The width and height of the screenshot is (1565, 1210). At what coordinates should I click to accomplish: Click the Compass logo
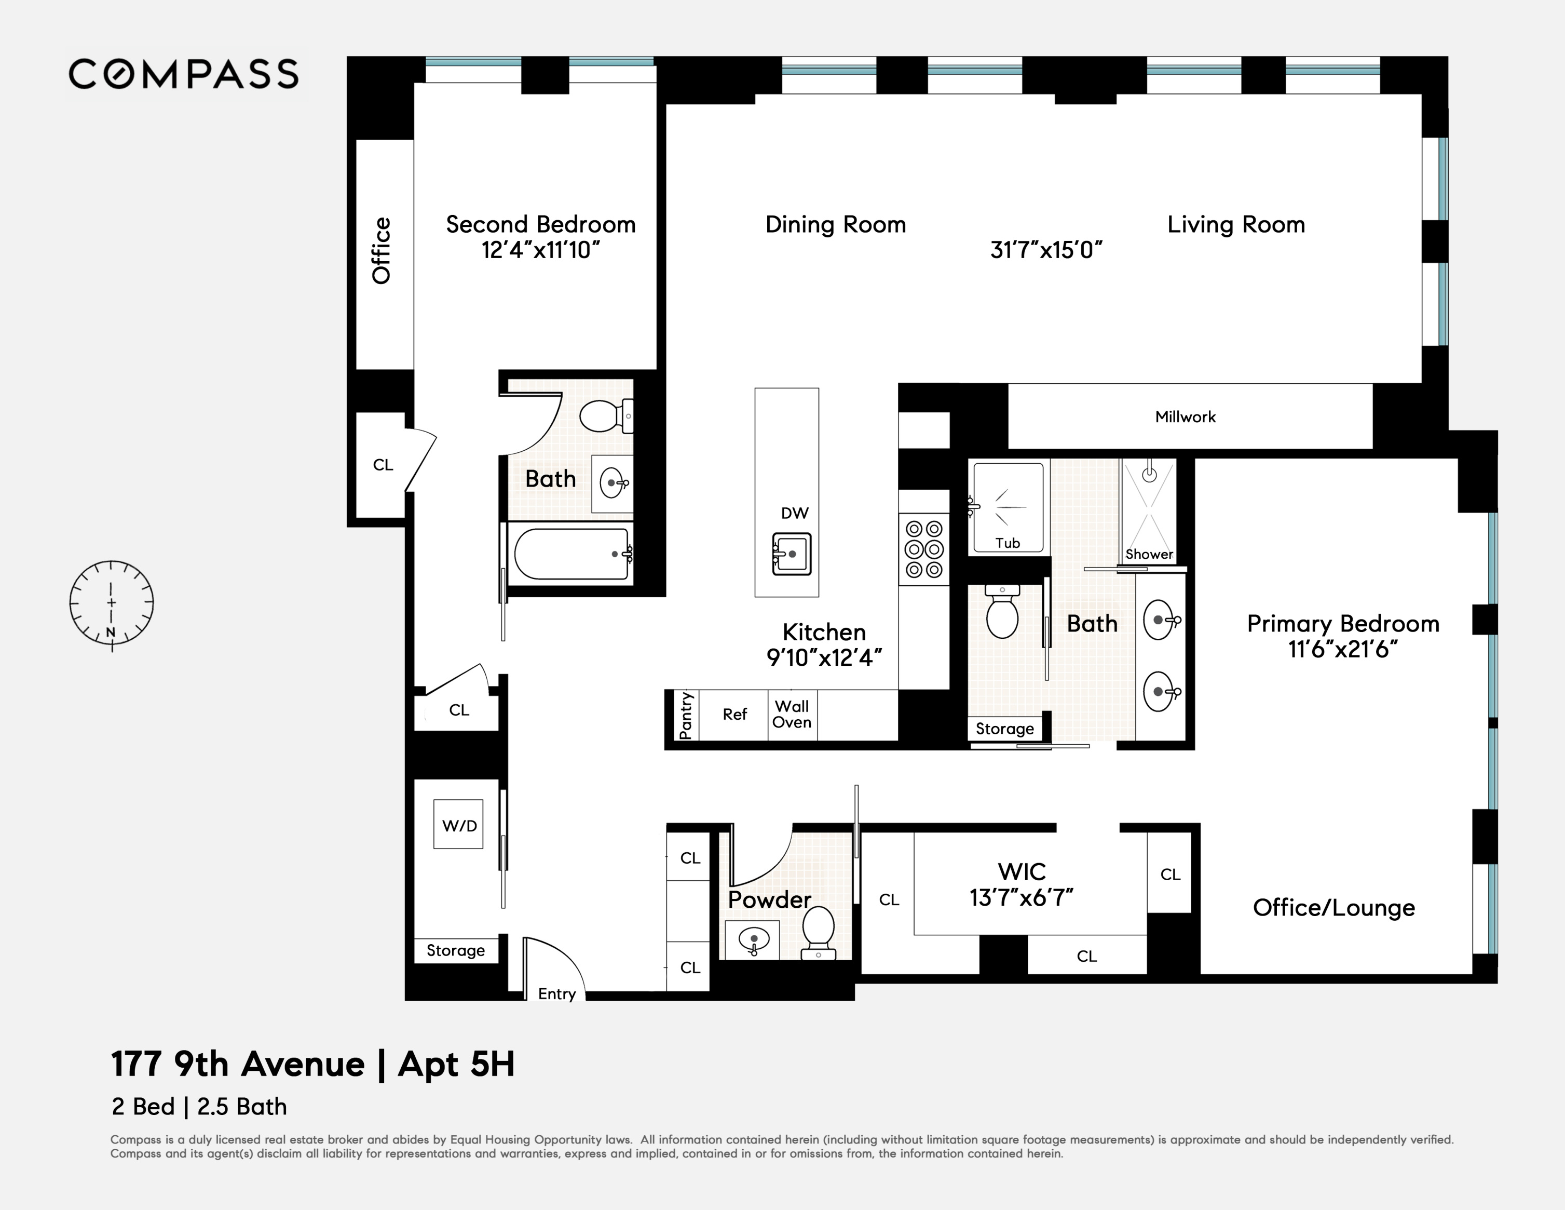tap(183, 74)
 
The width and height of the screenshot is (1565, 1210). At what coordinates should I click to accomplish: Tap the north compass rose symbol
tap(111, 602)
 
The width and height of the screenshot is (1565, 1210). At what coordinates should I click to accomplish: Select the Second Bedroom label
tap(540, 224)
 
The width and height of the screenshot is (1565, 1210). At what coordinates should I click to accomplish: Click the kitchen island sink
tap(791, 554)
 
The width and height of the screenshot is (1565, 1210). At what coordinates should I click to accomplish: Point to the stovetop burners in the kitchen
tap(923, 549)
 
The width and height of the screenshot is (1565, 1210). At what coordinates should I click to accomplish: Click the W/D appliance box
tap(459, 825)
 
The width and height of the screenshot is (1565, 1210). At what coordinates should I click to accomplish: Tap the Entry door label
tap(557, 993)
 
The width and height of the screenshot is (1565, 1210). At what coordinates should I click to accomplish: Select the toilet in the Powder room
tap(819, 931)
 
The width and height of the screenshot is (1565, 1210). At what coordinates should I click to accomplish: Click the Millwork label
tap(1185, 416)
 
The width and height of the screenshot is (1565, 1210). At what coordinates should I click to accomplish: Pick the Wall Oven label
tap(792, 714)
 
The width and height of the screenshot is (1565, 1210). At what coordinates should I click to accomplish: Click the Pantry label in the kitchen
tap(686, 716)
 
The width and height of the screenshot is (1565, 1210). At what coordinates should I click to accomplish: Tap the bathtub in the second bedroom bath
tap(571, 554)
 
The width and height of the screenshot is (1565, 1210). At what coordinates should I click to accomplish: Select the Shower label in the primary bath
tap(1149, 554)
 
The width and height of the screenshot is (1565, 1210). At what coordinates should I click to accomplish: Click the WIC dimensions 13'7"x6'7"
tap(1021, 897)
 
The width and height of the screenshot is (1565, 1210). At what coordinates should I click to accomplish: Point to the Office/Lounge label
tap(1333, 908)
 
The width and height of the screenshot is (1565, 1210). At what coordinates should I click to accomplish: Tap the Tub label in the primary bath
tap(1007, 543)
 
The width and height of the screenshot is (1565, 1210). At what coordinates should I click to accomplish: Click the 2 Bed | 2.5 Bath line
tap(199, 1106)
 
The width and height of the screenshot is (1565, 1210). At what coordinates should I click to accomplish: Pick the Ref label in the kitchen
tap(734, 714)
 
